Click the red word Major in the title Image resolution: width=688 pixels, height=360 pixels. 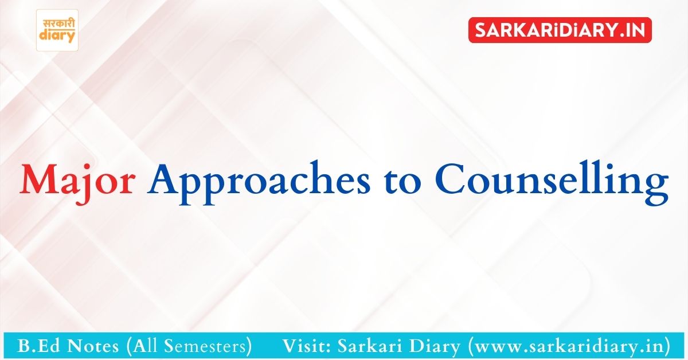coord(77,181)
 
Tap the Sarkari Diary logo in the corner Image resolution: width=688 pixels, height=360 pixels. coord(57,30)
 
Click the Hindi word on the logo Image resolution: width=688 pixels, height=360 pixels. coord(57,23)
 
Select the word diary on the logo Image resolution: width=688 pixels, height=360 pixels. coord(57,36)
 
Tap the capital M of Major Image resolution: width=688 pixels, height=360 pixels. coord(36,181)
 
